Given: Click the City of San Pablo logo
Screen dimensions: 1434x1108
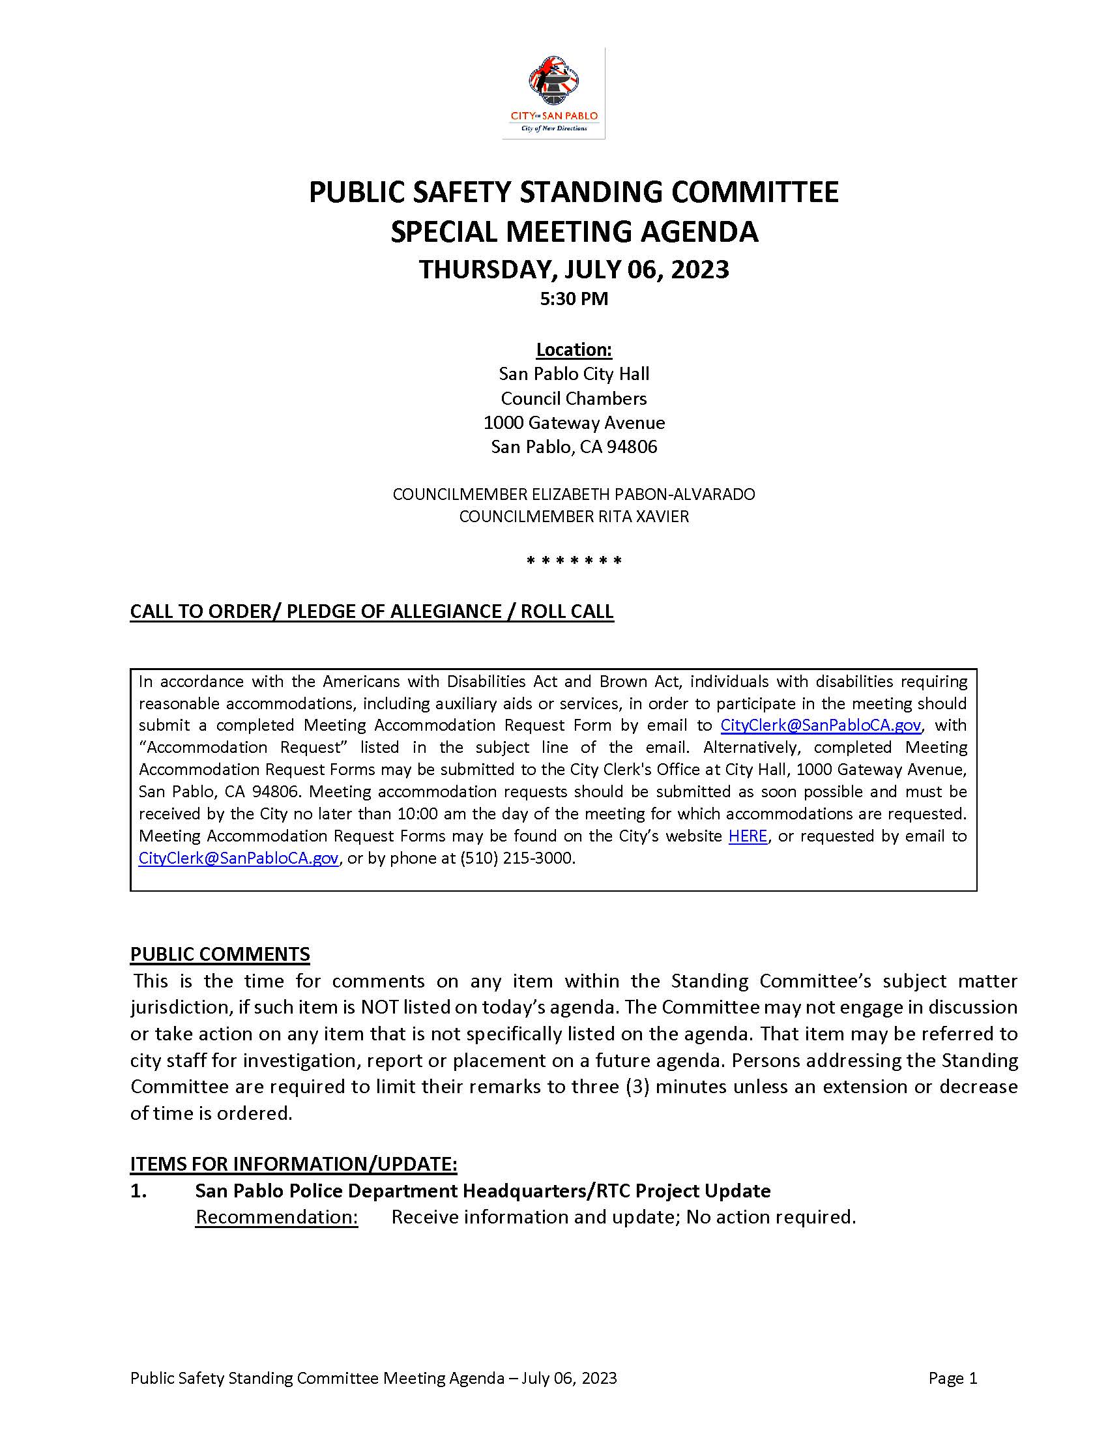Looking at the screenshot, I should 553,93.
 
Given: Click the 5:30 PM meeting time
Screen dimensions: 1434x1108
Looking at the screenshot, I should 574,299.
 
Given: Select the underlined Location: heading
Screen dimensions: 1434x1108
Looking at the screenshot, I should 574,349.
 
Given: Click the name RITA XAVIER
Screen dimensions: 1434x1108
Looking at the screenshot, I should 643,517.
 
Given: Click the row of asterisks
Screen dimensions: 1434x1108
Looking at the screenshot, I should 574,561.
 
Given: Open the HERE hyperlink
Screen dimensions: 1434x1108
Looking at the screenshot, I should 748,836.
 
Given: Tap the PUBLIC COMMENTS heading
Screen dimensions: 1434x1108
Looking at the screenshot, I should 220,954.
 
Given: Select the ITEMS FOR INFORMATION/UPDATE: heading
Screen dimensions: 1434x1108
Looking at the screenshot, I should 293,1164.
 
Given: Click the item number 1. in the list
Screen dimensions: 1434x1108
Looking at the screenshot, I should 138,1191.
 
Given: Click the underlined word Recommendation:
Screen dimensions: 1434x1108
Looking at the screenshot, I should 276,1218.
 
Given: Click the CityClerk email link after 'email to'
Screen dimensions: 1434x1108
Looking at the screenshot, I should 821,725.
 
